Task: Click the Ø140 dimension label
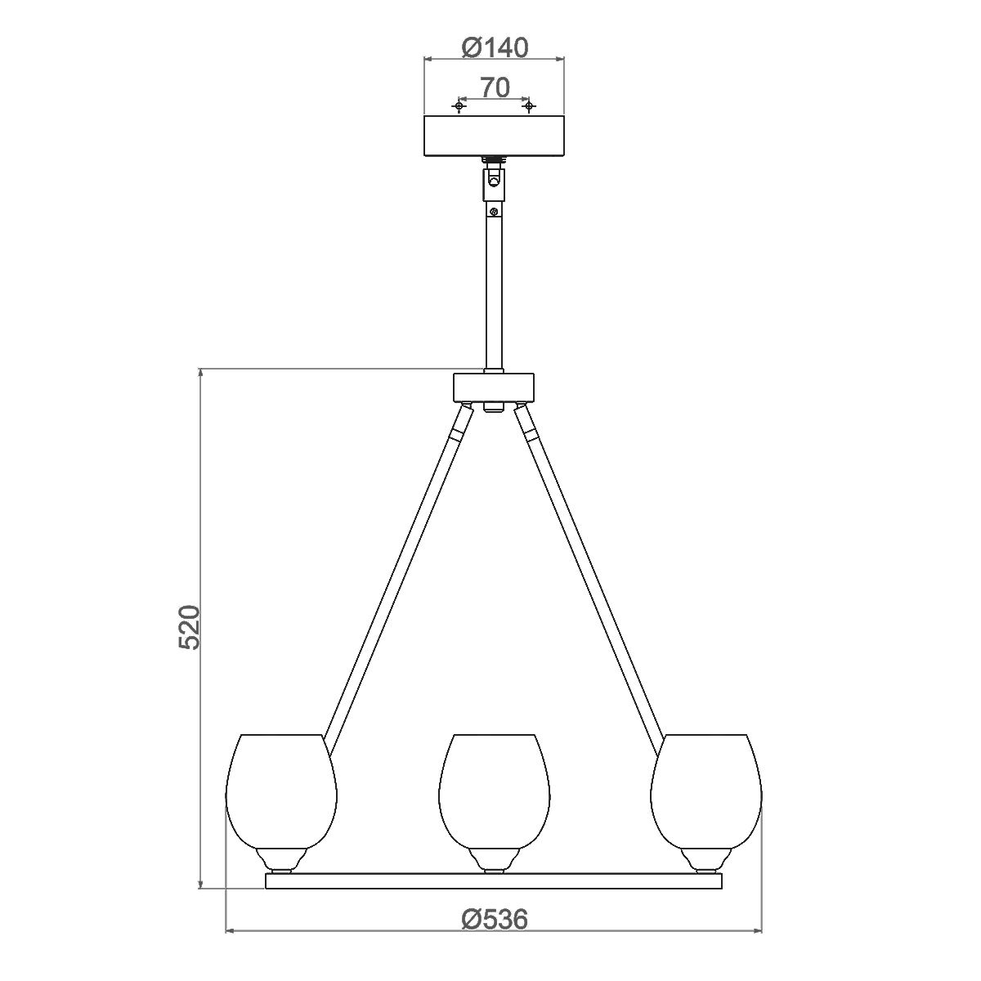494,47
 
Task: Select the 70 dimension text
495,87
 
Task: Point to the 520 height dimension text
189,628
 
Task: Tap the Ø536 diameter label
494,920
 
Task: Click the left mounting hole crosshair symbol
460,106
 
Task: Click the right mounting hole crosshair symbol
528,106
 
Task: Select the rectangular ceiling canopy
494,137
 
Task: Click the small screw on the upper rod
493,213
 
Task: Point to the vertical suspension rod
493,286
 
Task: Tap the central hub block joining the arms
493,387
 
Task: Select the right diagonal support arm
593,572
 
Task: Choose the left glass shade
282,789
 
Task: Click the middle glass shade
494,789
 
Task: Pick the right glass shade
706,789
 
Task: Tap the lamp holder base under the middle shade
494,859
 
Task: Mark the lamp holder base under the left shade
282,859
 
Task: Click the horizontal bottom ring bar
494,881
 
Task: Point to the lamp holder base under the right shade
706,859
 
